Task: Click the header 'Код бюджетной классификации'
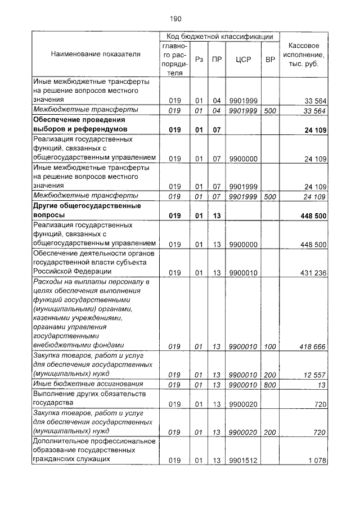(x=219, y=35)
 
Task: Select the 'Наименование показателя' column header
(x=96, y=55)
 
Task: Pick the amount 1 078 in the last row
(x=318, y=461)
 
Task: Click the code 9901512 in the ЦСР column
(x=243, y=461)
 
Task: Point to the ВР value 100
(x=270, y=346)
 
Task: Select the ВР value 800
(x=270, y=385)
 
